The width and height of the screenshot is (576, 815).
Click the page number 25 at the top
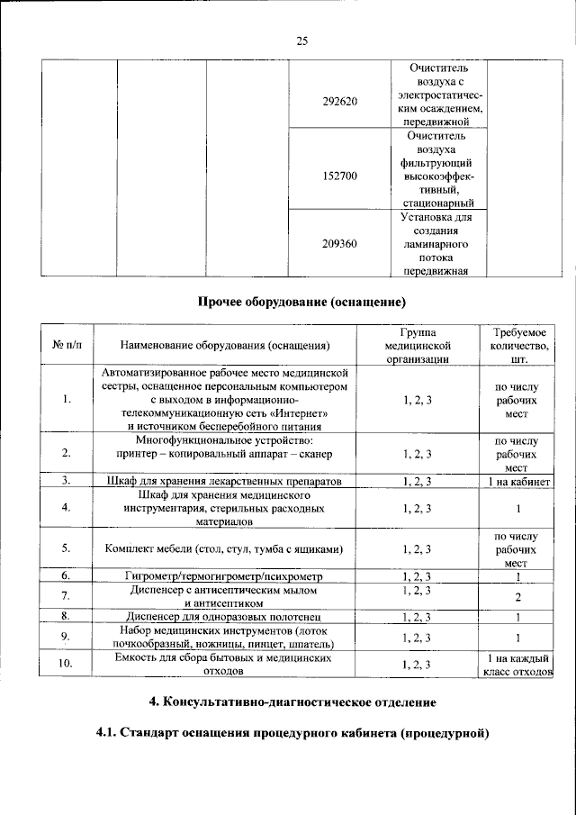point(301,41)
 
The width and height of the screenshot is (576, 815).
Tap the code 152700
point(339,177)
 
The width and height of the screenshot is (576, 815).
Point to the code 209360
point(339,243)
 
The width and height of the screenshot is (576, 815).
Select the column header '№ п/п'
point(66,345)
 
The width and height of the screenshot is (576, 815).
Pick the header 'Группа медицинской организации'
point(417,345)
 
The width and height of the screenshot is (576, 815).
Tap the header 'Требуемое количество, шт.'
point(516,345)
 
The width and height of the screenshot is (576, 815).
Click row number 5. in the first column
point(66,548)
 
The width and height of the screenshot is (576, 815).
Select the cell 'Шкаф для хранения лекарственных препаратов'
point(225,483)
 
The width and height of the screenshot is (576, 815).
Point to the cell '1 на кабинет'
point(516,483)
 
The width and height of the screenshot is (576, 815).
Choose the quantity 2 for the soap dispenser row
point(516,596)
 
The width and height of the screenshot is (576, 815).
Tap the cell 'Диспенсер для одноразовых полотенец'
point(225,617)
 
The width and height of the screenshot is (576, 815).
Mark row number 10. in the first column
point(66,665)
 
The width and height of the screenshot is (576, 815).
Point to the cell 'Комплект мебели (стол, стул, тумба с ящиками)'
point(225,548)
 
